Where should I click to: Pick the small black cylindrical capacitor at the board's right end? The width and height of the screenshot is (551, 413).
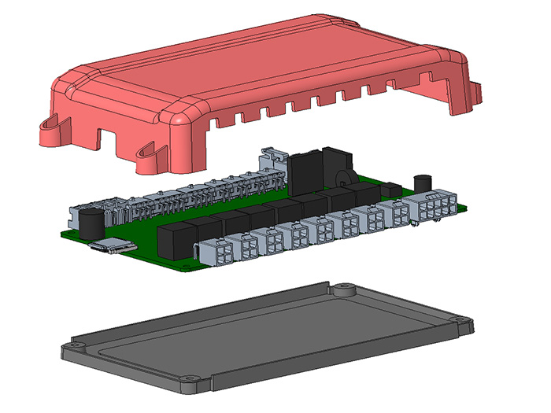(424, 183)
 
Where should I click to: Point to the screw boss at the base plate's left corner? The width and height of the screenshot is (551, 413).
(75, 345)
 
